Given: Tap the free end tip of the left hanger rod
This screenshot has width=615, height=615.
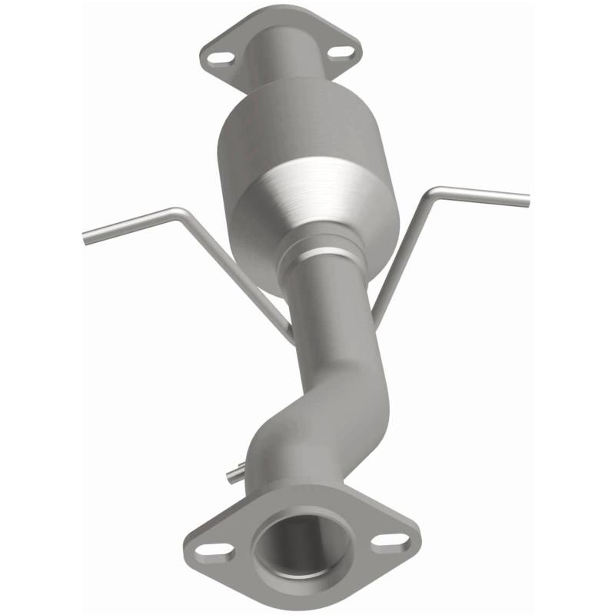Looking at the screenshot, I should pos(85,238).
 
